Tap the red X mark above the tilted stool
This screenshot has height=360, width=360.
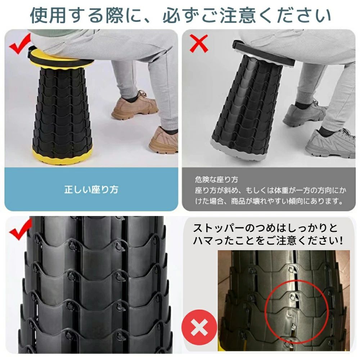[199, 44]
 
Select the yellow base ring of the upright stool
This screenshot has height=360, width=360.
[62, 155]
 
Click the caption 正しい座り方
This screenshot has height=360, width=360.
[91, 190]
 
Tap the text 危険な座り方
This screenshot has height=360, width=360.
[216, 179]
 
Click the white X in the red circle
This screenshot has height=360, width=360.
[199, 327]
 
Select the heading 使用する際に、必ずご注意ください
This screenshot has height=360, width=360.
[180, 15]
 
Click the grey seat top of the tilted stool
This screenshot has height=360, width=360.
[264, 54]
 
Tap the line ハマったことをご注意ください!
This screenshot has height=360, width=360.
[268, 240]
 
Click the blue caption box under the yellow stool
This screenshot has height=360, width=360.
[91, 189]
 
